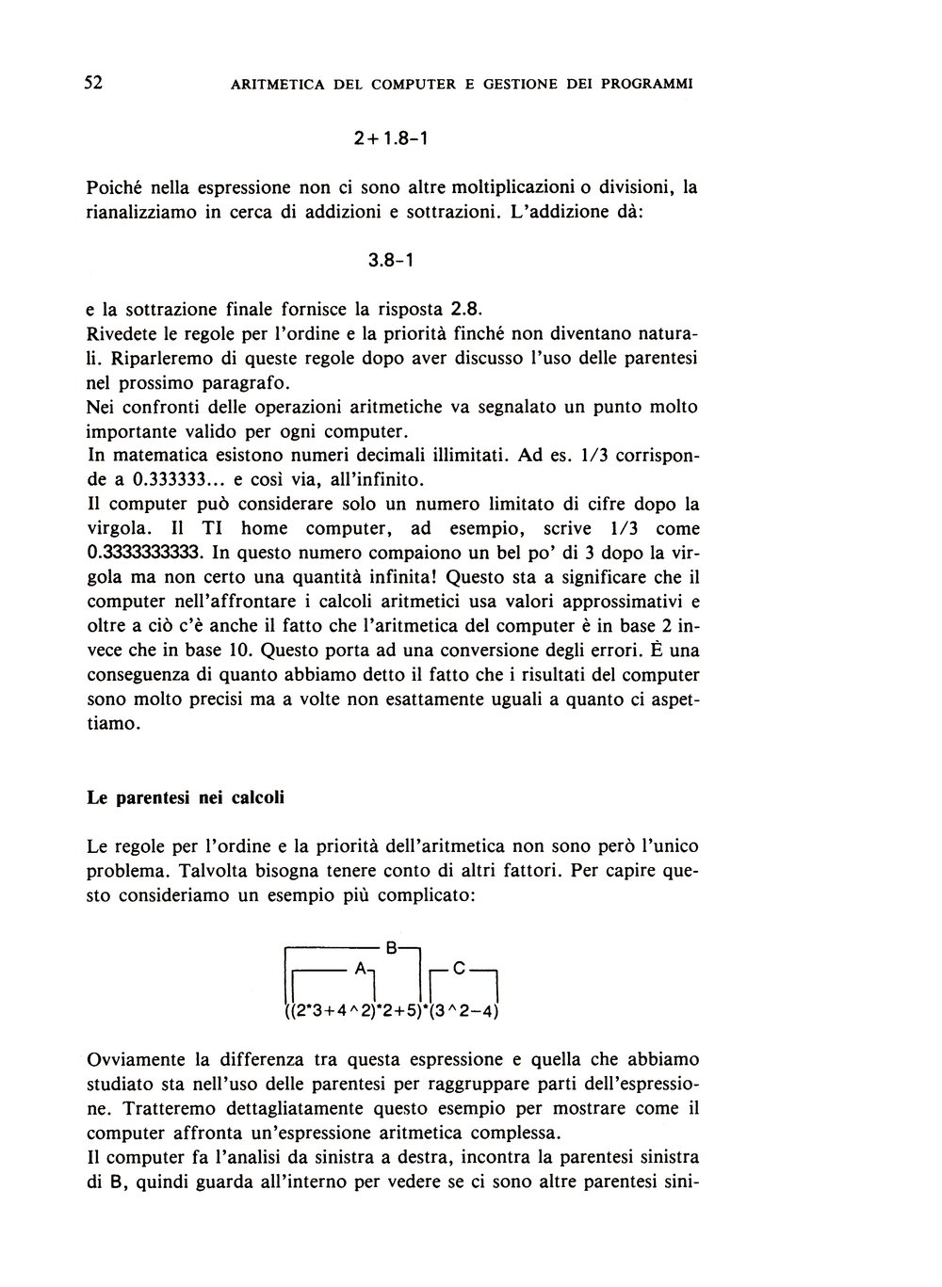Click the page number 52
tap(93, 82)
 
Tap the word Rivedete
tap(124, 333)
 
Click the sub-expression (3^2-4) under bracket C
tap(462, 1013)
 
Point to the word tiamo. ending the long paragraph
tap(114, 724)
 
